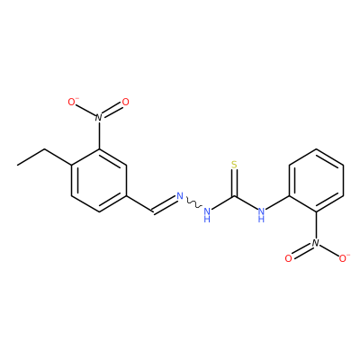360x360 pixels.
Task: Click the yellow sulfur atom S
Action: (x=234, y=165)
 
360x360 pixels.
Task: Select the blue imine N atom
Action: (x=180, y=196)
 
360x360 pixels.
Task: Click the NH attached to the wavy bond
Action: (x=207, y=214)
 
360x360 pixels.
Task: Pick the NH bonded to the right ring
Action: (x=261, y=214)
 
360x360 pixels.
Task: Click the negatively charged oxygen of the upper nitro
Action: (x=73, y=102)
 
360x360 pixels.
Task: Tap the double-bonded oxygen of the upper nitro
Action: (x=125, y=102)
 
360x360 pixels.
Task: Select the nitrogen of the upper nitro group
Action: (x=99, y=117)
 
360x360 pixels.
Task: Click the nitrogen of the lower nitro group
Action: (x=316, y=243)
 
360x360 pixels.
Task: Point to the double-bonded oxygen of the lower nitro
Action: (x=289, y=258)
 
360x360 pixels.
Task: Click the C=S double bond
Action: (x=234, y=184)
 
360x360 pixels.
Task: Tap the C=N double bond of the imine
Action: (x=165, y=205)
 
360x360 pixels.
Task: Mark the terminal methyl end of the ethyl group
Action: (x=17, y=165)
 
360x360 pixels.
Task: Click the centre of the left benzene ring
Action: (x=99, y=180)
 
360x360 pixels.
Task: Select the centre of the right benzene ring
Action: (x=316, y=180)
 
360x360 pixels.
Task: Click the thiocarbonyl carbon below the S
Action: (x=234, y=197)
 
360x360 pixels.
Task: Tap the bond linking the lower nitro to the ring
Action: (x=316, y=225)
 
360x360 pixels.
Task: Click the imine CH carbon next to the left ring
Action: (x=153, y=211)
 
